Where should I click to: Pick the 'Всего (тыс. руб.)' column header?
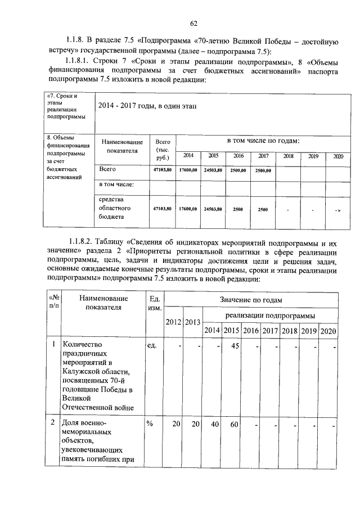[163, 150]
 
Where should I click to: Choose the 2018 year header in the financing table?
[288, 156]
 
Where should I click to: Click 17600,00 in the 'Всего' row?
[188, 170]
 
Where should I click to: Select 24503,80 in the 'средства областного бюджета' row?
[213, 209]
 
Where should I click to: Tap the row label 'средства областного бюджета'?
[114, 208]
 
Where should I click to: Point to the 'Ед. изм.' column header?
[154, 303]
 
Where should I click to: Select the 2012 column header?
[174, 322]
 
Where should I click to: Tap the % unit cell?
[150, 425]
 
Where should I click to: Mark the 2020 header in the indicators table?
[328, 330]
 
